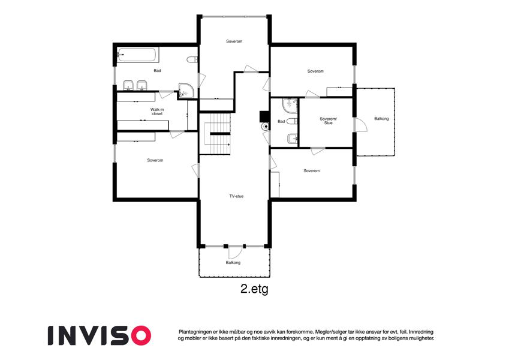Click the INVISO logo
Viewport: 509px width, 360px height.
[x=100, y=335]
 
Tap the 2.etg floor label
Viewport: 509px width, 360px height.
[x=254, y=289]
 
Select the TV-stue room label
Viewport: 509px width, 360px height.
[x=236, y=196]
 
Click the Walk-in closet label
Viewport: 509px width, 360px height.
[x=157, y=112]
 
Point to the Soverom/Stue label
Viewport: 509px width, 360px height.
[x=328, y=121]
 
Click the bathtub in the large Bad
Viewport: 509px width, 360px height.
[x=138, y=55]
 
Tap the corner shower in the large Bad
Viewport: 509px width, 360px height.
[x=186, y=91]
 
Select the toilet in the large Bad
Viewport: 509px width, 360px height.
[x=192, y=59]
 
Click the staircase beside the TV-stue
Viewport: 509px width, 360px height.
[x=215, y=134]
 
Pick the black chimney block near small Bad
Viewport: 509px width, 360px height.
[x=264, y=116]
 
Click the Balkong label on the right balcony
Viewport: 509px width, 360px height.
[x=381, y=119]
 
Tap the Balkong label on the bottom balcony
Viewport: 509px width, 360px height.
[x=233, y=263]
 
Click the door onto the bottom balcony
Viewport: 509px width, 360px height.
[x=234, y=252]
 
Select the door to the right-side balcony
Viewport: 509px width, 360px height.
[x=360, y=125]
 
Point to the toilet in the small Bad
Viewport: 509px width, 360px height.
[x=292, y=121]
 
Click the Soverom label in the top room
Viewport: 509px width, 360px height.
[x=234, y=41]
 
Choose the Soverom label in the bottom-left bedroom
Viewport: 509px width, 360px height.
[x=155, y=160]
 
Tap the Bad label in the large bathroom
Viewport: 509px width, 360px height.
[x=158, y=71]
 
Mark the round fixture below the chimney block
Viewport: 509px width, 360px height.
[x=266, y=127]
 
